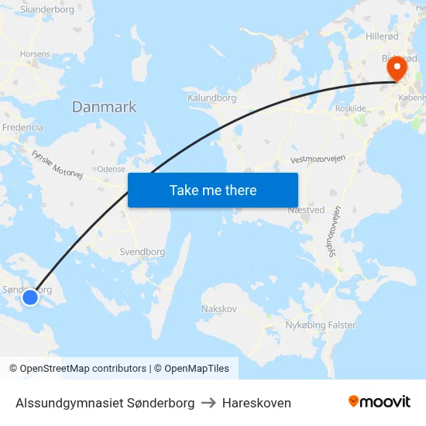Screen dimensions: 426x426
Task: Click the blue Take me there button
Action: [213, 190]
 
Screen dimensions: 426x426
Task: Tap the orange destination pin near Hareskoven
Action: [396, 68]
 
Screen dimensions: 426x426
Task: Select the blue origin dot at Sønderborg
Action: [30, 297]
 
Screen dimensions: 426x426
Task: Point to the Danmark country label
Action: [104, 107]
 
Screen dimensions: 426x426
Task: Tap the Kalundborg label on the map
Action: [211, 98]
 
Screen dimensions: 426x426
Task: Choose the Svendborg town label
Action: [143, 252]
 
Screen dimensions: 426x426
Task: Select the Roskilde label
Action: [351, 109]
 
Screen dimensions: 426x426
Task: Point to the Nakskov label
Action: [218, 308]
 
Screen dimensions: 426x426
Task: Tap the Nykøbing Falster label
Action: [320, 325]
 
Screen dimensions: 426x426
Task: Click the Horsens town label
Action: [36, 54]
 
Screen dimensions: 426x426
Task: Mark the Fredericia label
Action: [22, 127]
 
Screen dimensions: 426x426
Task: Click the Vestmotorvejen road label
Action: [317, 159]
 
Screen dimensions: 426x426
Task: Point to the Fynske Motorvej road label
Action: [57, 163]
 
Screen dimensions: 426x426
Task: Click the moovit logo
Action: [379, 402]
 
